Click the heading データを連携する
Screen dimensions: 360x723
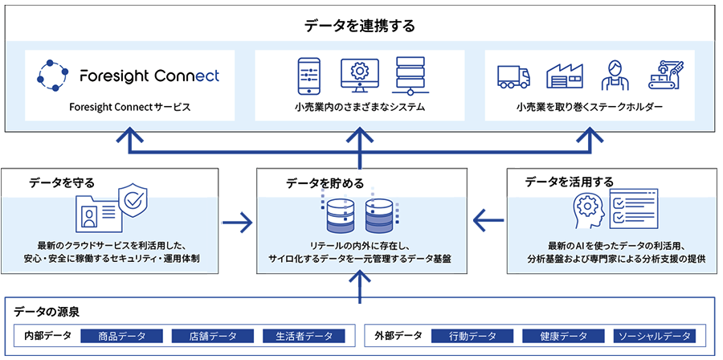coord(361,26)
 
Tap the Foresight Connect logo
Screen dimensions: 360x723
coord(129,76)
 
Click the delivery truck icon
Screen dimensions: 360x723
coord(514,76)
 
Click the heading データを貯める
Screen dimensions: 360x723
coord(321,183)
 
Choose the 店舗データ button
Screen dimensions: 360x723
coord(212,336)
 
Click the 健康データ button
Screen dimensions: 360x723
coord(562,336)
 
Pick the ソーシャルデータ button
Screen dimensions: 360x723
coord(654,336)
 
